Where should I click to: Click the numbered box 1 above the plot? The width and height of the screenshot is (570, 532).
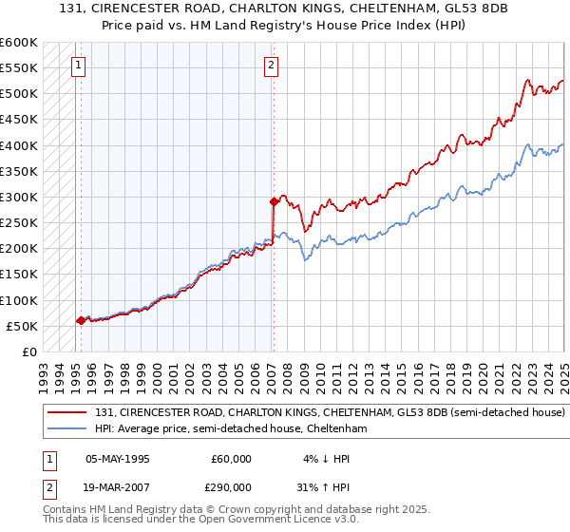[77, 66]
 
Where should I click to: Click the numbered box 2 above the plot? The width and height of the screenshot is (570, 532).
[271, 66]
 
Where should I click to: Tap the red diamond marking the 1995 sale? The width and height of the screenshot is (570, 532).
[81, 320]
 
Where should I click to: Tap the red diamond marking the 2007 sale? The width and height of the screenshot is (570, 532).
[274, 201]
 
